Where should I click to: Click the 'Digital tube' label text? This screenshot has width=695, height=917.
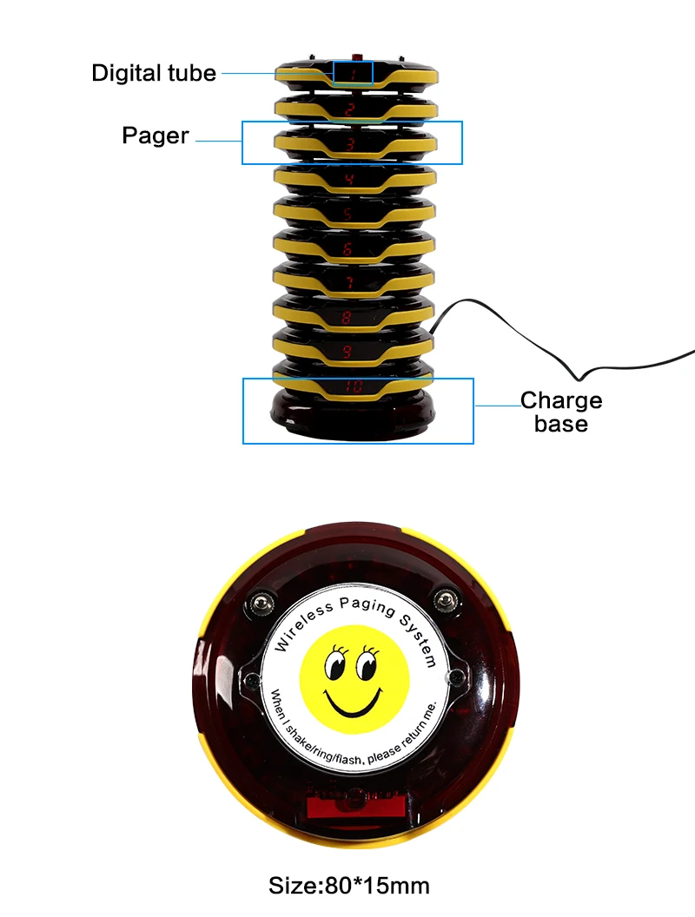pyautogui.click(x=154, y=73)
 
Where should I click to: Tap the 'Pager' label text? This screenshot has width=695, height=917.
pyautogui.click(x=156, y=136)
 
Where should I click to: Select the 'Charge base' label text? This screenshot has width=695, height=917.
pyautogui.click(x=561, y=412)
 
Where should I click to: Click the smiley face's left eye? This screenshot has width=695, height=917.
pyautogui.click(x=334, y=666)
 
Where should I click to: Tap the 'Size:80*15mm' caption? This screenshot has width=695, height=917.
pyautogui.click(x=349, y=886)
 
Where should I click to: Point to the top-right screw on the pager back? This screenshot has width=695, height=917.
pyautogui.click(x=447, y=598)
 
